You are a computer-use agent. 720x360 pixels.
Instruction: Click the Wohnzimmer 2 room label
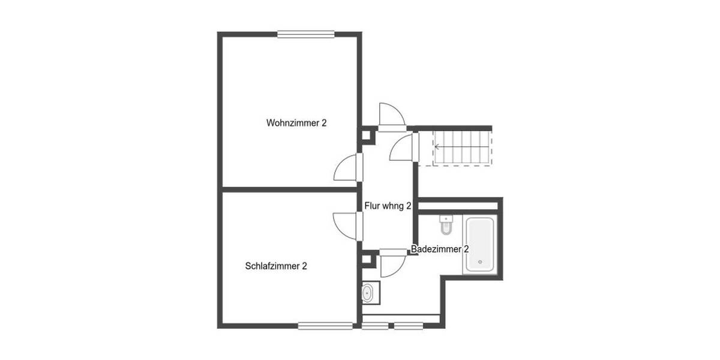click(x=296, y=123)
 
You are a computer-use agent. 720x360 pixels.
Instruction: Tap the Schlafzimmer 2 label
click(x=276, y=266)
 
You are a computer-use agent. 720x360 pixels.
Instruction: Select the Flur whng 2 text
click(x=388, y=206)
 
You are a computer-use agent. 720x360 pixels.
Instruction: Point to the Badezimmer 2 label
click(x=440, y=249)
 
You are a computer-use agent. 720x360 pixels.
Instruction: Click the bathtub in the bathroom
click(x=480, y=244)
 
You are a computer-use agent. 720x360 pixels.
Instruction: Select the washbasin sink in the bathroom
click(x=368, y=293)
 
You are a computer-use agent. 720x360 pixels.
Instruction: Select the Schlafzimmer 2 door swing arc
click(x=346, y=227)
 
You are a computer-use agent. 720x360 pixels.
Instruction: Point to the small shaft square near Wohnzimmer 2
click(x=367, y=137)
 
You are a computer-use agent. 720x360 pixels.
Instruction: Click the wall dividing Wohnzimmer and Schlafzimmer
click(x=288, y=190)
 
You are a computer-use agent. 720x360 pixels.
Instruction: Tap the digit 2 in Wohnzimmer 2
click(x=324, y=123)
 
